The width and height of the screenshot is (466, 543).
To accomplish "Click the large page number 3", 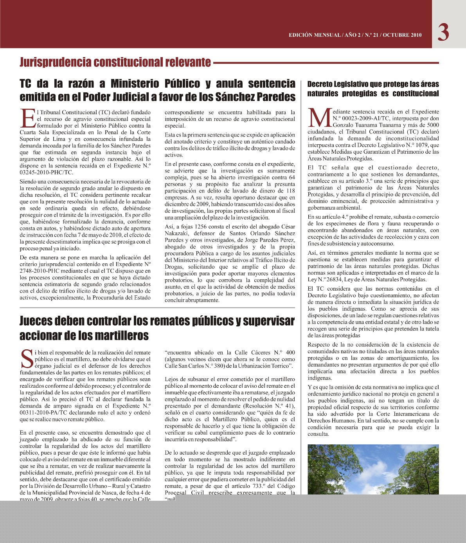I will (x=443, y=32).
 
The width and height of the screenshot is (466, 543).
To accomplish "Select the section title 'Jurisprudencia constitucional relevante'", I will (x=115, y=62).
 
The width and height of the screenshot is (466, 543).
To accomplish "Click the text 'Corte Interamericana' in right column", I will (x=402, y=414).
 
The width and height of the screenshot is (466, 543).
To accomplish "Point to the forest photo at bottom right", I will (x=373, y=469).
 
